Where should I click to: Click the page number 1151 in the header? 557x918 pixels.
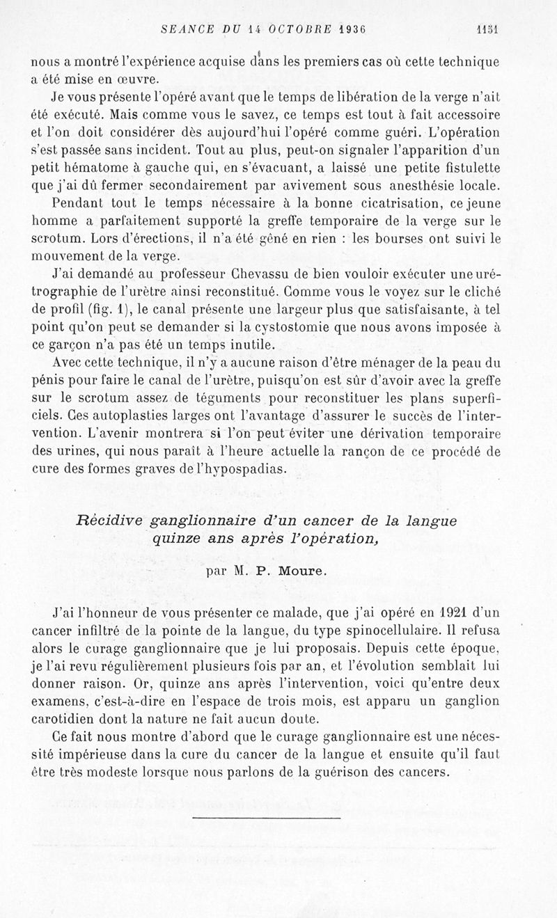(x=490, y=30)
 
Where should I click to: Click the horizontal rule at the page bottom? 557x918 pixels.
(x=267, y=817)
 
